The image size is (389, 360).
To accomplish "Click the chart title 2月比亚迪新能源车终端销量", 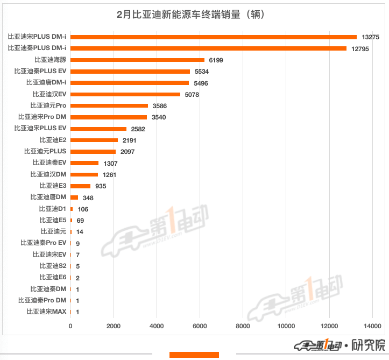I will pyautogui.click(x=194, y=15).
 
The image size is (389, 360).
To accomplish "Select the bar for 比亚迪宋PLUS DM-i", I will pyautogui.click(x=214, y=37).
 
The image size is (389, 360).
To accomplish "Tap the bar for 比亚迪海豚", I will pyautogui.click(x=137, y=60).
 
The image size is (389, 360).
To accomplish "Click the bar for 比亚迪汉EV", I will pyautogui.click(x=125, y=94).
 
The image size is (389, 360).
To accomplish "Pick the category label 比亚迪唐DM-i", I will pyautogui.click(x=46, y=83).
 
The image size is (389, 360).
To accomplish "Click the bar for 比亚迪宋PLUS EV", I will pyautogui.click(x=98, y=129).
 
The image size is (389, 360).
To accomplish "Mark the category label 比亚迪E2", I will pyautogui.click(x=53, y=140).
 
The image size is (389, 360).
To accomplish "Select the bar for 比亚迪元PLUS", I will pyautogui.click(x=93, y=151).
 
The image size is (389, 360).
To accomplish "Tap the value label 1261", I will pyautogui.click(x=108, y=175).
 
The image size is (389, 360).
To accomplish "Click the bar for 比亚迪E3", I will pyautogui.click(x=81, y=186).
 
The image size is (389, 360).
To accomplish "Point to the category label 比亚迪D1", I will pyautogui.click(x=53, y=209).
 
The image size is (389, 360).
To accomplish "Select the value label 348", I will pyautogui.click(x=88, y=197).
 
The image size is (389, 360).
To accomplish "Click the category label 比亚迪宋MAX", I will pyautogui.click(x=47, y=312).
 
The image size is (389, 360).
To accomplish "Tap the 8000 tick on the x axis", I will pyautogui.click(x=243, y=326).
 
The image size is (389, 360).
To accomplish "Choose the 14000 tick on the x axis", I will pyautogui.click(x=372, y=326).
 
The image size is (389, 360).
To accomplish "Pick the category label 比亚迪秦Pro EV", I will pyautogui.click(x=43, y=243).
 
